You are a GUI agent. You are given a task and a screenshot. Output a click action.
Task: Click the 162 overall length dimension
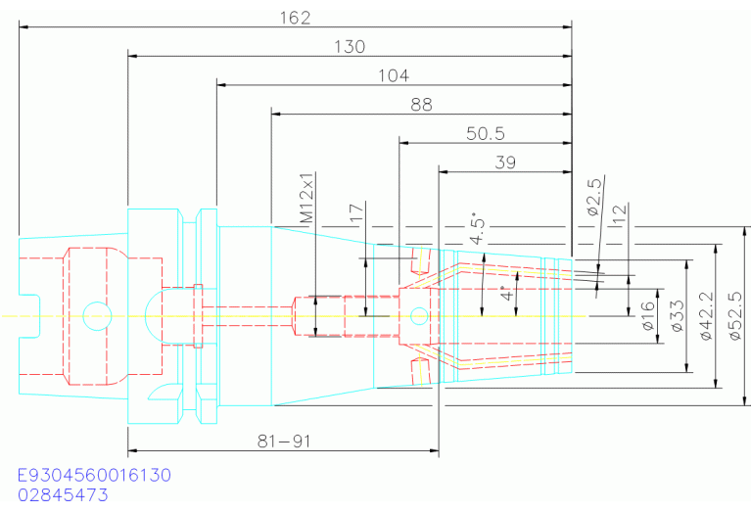[295, 18]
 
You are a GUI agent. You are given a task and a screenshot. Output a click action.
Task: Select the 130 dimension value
[350, 46]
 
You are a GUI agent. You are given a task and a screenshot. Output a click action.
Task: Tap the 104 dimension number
[393, 75]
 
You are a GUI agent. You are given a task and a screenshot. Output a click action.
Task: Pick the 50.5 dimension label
[485, 133]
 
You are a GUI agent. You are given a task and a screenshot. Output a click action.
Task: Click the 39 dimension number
[505, 163]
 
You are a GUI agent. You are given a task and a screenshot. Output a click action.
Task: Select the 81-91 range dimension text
[284, 441]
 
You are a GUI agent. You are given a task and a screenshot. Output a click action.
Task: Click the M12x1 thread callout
[306, 197]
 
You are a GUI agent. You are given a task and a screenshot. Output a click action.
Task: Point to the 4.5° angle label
[478, 228]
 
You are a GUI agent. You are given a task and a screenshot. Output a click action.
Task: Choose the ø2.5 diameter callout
[593, 196]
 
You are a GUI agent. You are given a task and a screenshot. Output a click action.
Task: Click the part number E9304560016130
[94, 475]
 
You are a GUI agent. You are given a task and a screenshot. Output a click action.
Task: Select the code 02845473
[64, 494]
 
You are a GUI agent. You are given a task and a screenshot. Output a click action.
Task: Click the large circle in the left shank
[97, 315]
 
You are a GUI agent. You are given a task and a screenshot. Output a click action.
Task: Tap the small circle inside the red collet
[419, 315]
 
